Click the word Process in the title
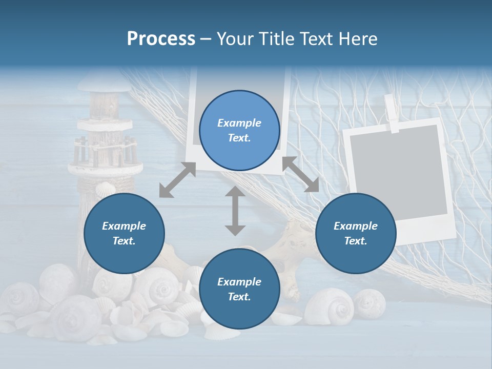pyautogui.click(x=161, y=39)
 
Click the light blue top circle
pyautogui.click(x=239, y=130)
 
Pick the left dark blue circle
pyautogui.click(x=124, y=233)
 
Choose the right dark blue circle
pyautogui.click(x=356, y=233)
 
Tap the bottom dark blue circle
pyautogui.click(x=239, y=289)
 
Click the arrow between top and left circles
pyautogui.click(x=177, y=180)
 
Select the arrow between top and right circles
pyautogui.click(x=300, y=174)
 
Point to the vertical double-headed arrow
pyautogui.click(x=235, y=211)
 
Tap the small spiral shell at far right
pyautogui.click(x=369, y=302)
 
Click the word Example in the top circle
pyautogui.click(x=239, y=123)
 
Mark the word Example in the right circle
pyautogui.click(x=356, y=226)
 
